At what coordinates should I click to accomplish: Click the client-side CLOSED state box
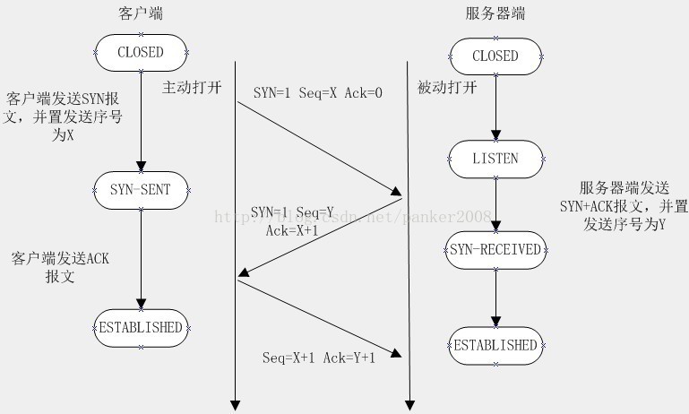point(141,53)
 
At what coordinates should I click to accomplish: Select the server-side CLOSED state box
point(495,56)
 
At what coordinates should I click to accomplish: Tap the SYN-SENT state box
point(141,188)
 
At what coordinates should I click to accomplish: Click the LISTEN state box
point(495,159)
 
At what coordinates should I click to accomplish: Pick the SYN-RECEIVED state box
point(495,249)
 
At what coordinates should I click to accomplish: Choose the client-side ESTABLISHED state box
point(141,326)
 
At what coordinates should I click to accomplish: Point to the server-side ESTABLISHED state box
point(495,345)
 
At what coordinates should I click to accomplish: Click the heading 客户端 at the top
point(141,14)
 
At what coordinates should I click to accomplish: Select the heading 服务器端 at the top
point(495,14)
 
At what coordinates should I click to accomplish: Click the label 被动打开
point(446,88)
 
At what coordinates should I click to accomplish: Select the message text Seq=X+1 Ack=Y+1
point(319,358)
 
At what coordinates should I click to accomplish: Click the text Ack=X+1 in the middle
point(293,230)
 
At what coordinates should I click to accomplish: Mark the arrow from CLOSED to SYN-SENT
point(141,121)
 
